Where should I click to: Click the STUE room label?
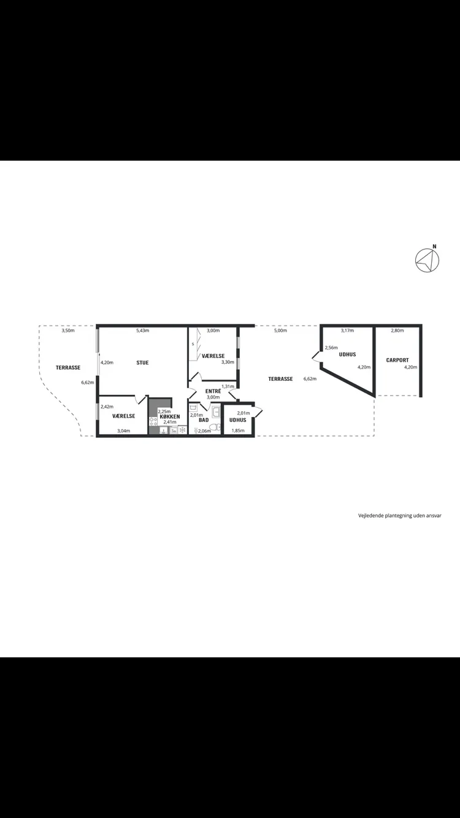pos(142,362)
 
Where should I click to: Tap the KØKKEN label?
pos(170,417)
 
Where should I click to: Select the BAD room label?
pos(204,420)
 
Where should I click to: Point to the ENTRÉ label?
pos(213,391)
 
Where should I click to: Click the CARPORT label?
pos(397,360)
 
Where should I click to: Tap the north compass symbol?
pos(427,259)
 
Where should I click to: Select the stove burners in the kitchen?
pos(153,422)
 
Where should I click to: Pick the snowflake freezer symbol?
pos(182,430)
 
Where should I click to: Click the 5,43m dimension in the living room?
pos(142,331)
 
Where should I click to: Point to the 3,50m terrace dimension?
pos(68,331)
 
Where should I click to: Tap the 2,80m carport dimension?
pos(397,331)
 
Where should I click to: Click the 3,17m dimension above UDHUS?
pos(347,331)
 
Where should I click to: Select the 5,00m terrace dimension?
pos(280,331)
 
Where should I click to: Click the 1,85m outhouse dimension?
pos(238,430)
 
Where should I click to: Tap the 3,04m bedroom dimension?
pos(123,431)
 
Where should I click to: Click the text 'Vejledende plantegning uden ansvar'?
pos(400,516)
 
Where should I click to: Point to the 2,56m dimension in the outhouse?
pos(331,348)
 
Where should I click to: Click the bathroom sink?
pos(216,411)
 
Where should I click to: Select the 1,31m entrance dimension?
pos(228,386)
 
